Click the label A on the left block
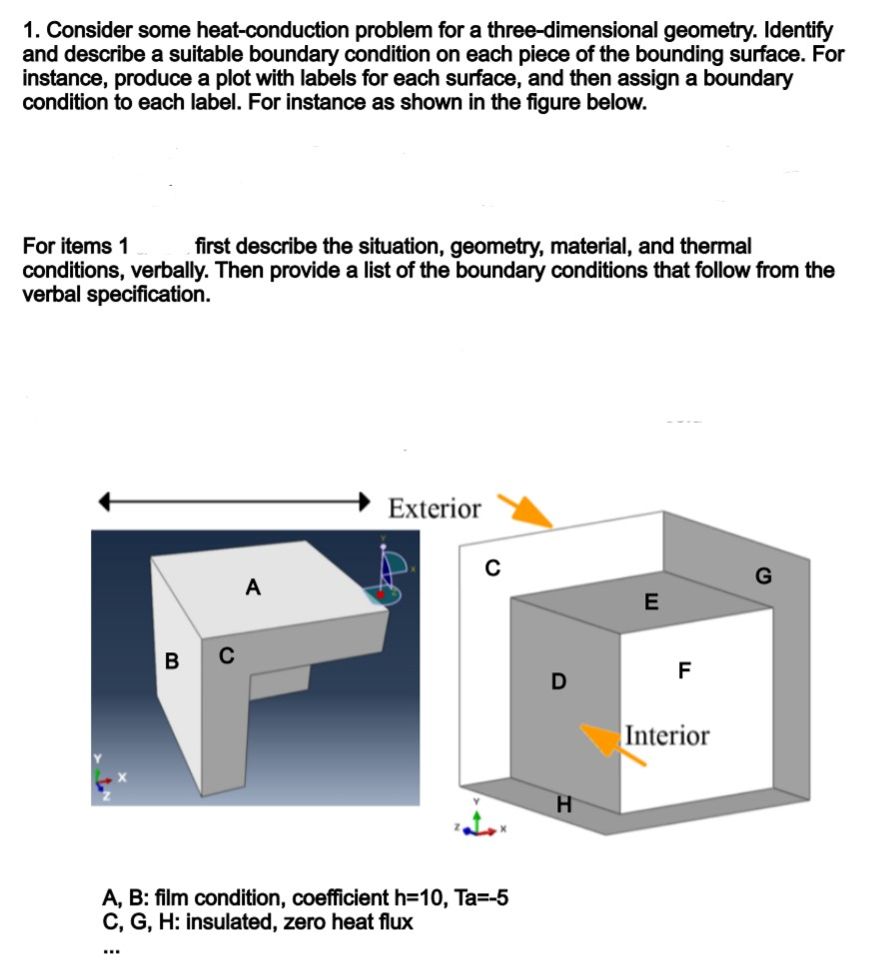252,588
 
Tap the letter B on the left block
172,660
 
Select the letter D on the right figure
558,682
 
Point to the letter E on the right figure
651,600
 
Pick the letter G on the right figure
764,575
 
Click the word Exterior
435,508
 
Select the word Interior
667,736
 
